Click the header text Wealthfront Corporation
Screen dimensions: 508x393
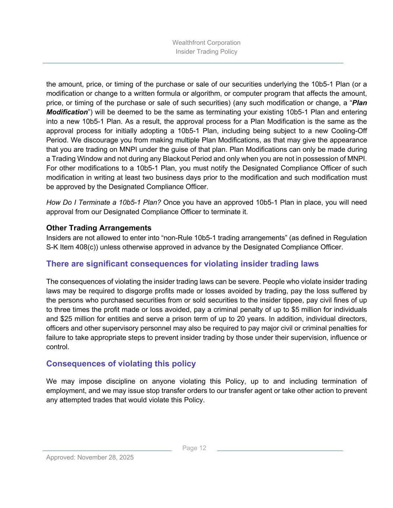click(x=206, y=42)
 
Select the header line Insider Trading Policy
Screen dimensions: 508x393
click(x=206, y=51)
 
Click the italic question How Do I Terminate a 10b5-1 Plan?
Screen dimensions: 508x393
click(x=103, y=202)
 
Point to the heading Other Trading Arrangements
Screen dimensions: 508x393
click(x=99, y=228)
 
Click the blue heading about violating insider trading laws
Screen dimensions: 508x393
click(x=182, y=264)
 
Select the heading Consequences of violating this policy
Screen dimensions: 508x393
click(x=121, y=364)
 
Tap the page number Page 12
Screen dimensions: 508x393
click(x=194, y=448)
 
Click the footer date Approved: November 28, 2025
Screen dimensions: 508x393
click(x=90, y=457)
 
